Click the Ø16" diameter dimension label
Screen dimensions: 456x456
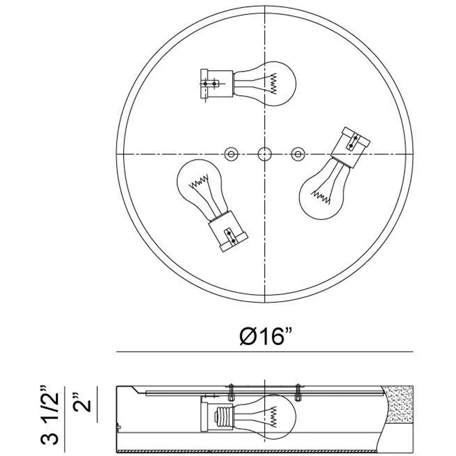pyautogui.click(x=265, y=336)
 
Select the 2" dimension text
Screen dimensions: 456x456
pyautogui.click(x=82, y=402)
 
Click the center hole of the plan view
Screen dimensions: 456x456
pyautogui.click(x=265, y=154)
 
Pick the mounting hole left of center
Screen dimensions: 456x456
pyautogui.click(x=232, y=154)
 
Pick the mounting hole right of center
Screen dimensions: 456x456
pyautogui.click(x=298, y=154)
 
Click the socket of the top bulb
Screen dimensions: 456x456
pyautogui.click(x=217, y=84)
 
